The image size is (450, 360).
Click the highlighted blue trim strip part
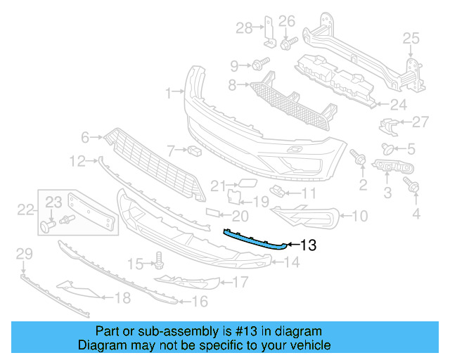pos(253,238)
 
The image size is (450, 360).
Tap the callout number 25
pos(411,38)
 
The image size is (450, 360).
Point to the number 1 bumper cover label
pos(168,92)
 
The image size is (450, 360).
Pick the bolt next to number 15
pos(159,263)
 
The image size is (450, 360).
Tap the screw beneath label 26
pos(287,44)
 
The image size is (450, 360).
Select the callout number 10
pos(359,217)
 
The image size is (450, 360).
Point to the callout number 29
pos(24,253)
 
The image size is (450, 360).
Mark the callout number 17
pos(240,283)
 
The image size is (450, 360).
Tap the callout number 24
pos(399,105)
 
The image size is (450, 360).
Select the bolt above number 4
pos(413,186)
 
